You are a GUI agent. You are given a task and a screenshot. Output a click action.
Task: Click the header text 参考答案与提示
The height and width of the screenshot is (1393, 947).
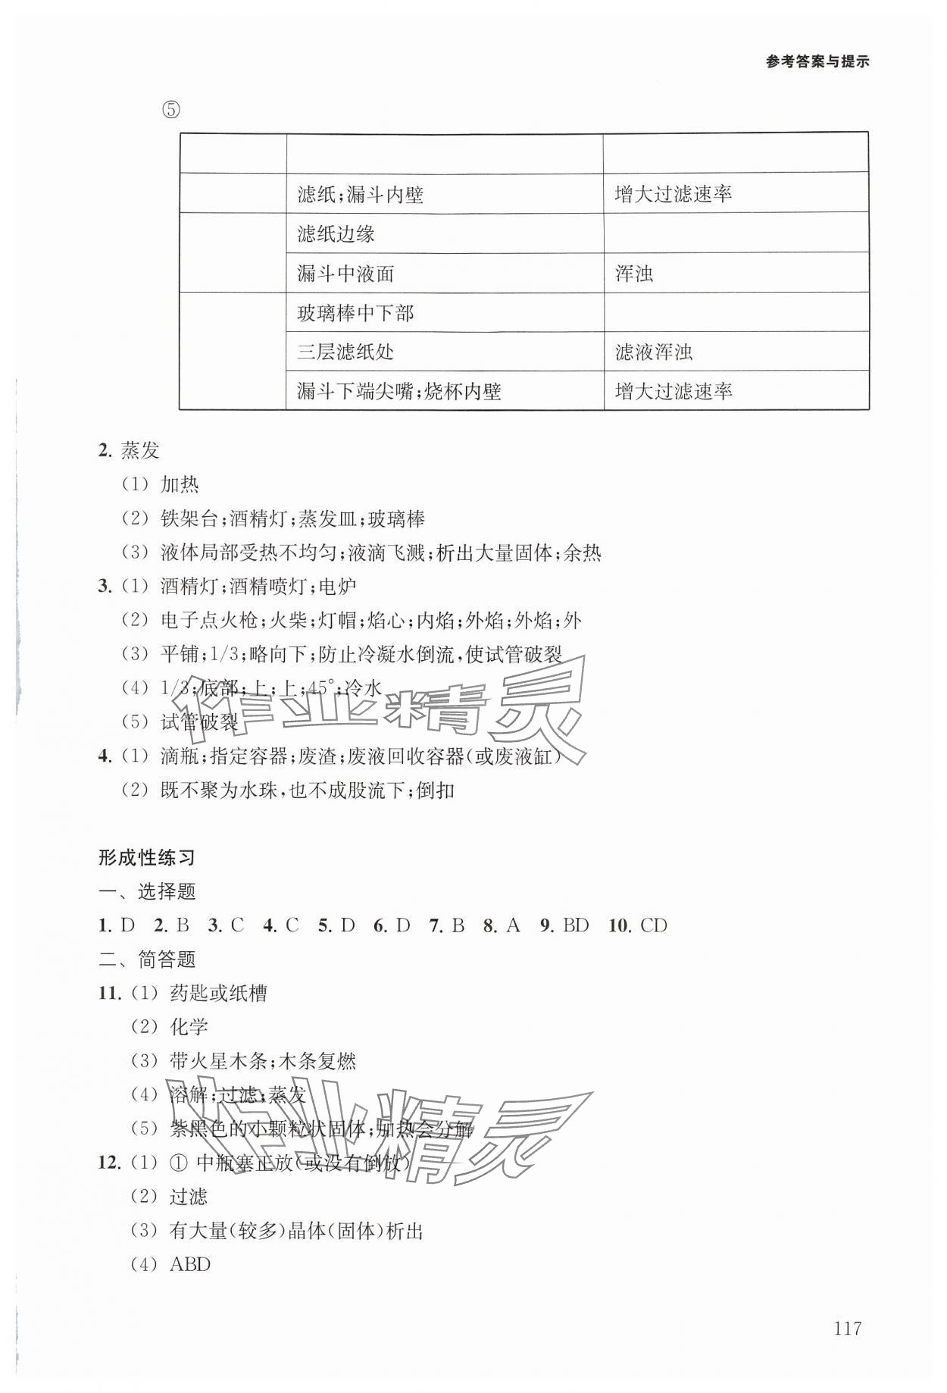(x=817, y=63)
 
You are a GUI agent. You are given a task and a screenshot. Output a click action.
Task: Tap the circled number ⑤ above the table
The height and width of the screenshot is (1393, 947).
(x=171, y=110)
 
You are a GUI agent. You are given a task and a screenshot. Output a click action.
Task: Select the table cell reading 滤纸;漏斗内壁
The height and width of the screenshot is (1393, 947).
(x=360, y=196)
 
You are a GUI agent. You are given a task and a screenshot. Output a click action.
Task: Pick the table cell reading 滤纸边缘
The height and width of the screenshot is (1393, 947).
(x=336, y=234)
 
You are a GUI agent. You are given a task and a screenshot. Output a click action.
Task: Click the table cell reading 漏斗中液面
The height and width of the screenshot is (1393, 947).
(x=345, y=274)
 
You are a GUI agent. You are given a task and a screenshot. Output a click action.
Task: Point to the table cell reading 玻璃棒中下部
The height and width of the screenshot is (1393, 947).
(x=355, y=313)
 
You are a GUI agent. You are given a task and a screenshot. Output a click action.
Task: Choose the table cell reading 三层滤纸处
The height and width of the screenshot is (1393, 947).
(x=345, y=352)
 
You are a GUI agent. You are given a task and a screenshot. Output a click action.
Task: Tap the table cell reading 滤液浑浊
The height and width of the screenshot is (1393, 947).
(x=653, y=352)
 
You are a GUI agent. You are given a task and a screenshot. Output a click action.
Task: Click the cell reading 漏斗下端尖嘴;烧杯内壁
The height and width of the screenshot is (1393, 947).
(x=399, y=391)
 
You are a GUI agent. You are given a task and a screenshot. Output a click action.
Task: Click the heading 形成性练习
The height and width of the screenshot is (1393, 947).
(x=147, y=858)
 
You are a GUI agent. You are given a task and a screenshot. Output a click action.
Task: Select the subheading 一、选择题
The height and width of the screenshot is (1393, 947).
(x=147, y=892)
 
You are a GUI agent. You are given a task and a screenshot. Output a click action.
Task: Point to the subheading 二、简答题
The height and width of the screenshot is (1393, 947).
(x=147, y=959)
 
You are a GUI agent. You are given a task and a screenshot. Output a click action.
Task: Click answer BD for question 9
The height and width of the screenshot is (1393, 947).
(x=576, y=925)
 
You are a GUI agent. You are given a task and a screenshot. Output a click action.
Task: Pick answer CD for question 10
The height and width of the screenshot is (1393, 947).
(x=653, y=925)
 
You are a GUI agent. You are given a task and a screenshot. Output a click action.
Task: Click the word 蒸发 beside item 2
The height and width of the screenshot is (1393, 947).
(x=140, y=451)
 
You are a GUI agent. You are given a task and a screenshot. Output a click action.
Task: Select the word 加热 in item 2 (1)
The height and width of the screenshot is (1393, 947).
(x=180, y=485)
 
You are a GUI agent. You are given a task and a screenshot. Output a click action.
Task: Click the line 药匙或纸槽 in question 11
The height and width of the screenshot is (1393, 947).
(x=219, y=993)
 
